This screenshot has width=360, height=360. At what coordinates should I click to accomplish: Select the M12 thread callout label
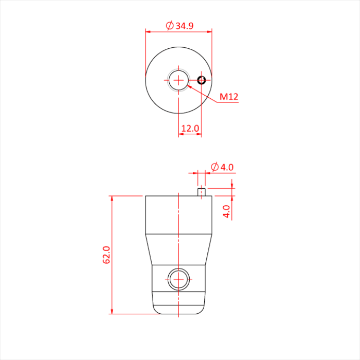229,97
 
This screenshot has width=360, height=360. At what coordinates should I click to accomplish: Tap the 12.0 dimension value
190,129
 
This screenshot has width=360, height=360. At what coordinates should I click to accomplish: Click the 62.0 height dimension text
107,255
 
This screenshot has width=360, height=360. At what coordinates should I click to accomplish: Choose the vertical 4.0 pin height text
227,211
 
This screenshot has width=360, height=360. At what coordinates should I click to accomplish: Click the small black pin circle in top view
201,80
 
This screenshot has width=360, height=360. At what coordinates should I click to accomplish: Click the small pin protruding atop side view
202,192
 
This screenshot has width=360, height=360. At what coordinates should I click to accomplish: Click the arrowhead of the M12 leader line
190,87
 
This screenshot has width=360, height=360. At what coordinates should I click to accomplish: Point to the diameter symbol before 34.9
169,26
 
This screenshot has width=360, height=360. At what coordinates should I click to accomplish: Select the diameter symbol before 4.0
214,167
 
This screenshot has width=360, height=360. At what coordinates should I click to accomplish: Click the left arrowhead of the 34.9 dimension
148,31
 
